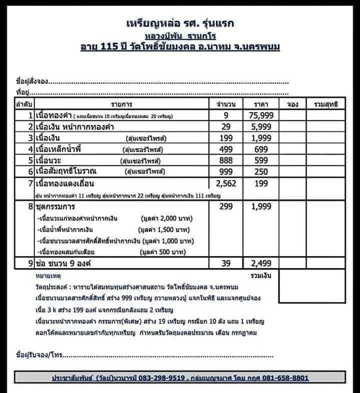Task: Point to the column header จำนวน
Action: click(x=226, y=104)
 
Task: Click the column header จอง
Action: click(x=293, y=104)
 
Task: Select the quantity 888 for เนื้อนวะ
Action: click(x=226, y=160)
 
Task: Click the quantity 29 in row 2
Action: click(x=226, y=127)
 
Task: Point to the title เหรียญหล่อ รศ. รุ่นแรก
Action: click(x=180, y=23)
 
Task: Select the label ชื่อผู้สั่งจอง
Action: click(x=32, y=82)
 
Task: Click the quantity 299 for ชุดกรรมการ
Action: click(x=226, y=206)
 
